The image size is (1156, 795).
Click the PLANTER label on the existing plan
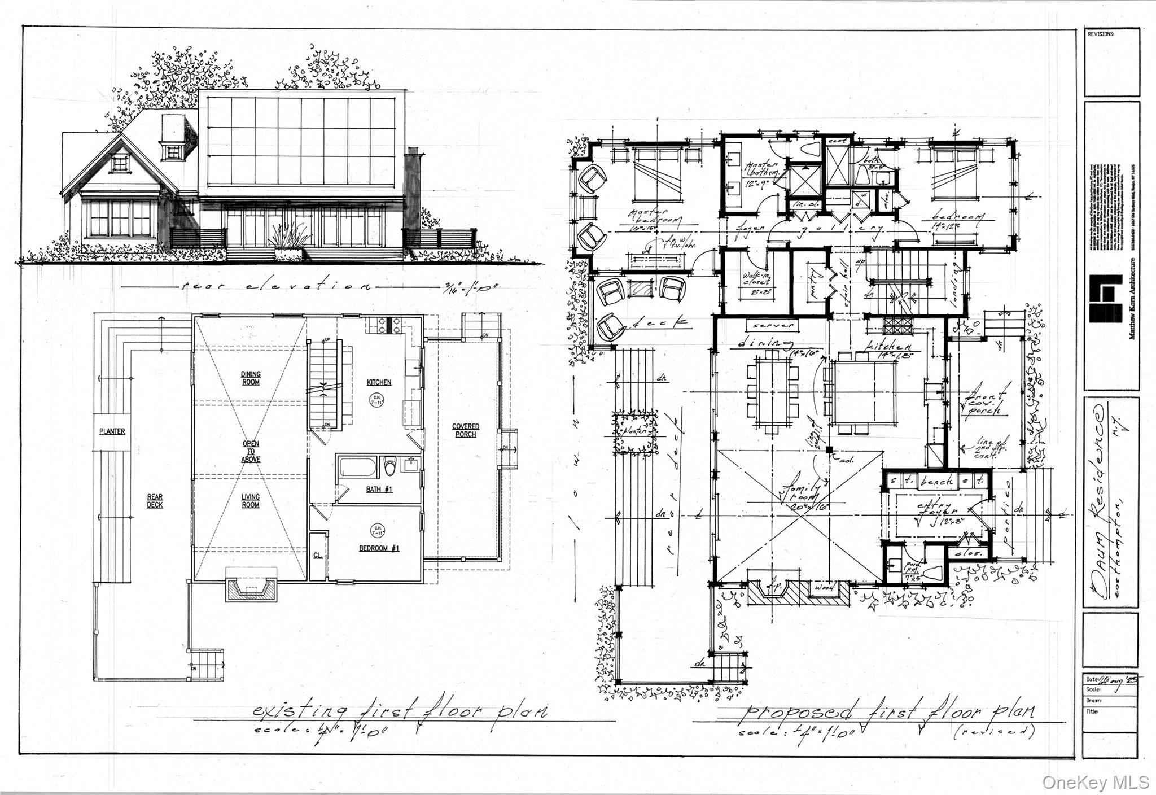click(x=112, y=431)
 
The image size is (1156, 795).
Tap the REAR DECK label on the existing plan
click(x=155, y=501)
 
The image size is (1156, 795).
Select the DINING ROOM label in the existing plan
click(x=251, y=378)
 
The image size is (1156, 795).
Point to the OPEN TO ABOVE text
click(x=251, y=452)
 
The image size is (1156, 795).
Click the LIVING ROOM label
click(x=251, y=501)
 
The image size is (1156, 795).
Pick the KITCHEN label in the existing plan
click(x=379, y=382)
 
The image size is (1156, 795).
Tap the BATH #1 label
click(x=379, y=490)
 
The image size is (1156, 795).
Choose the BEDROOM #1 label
click(x=379, y=548)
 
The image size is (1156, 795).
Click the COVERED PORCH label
click(x=465, y=430)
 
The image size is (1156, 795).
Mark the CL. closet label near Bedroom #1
click(x=318, y=555)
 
